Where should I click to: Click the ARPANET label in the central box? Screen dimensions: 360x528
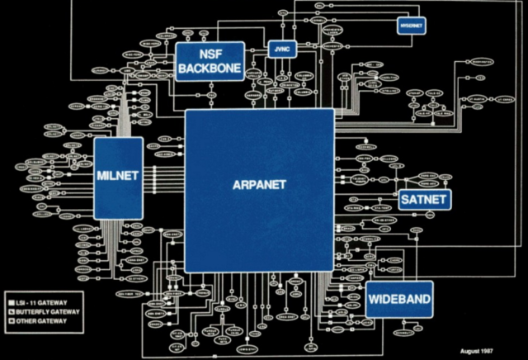tap(258, 185)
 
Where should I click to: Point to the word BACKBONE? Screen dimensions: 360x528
tap(210, 69)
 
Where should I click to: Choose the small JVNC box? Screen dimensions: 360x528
tap(281, 50)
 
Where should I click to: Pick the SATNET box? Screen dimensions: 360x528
tap(422, 200)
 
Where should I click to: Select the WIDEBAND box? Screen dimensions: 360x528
tap(399, 298)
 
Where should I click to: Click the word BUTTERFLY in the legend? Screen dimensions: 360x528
tap(32, 312)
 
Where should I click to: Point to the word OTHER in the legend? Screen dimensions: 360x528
tap(26, 321)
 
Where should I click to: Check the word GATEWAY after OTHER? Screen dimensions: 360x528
tap(52, 321)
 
